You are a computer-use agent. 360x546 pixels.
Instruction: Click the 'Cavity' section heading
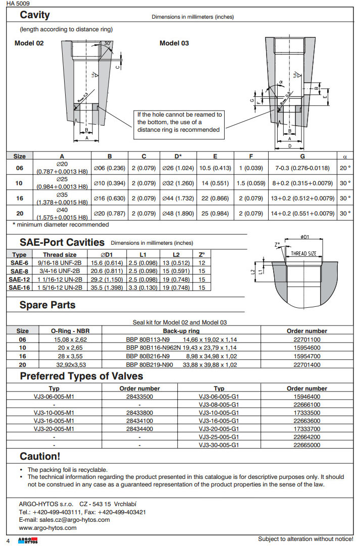pyautogui.click(x=34, y=15)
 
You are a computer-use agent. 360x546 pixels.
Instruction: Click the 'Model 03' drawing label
pyautogui.click(x=174, y=43)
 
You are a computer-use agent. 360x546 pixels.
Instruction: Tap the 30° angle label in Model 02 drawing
pyautogui.click(x=108, y=43)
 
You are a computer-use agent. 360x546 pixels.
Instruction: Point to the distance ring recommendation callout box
pyautogui.click(x=180, y=122)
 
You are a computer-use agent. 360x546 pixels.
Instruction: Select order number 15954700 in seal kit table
pyautogui.click(x=306, y=356)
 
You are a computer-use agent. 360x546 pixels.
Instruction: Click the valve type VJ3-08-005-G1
pyautogui.click(x=219, y=404)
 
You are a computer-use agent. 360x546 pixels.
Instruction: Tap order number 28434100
pyautogui.click(x=139, y=420)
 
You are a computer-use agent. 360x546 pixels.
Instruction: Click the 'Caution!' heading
pyautogui.click(x=40, y=456)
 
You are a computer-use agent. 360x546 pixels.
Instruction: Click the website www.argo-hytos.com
pyautogui.click(x=47, y=528)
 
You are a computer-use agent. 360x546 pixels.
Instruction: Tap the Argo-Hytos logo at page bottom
pyautogui.click(x=24, y=540)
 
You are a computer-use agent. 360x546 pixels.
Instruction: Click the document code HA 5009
pyautogui.click(x=18, y=3)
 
